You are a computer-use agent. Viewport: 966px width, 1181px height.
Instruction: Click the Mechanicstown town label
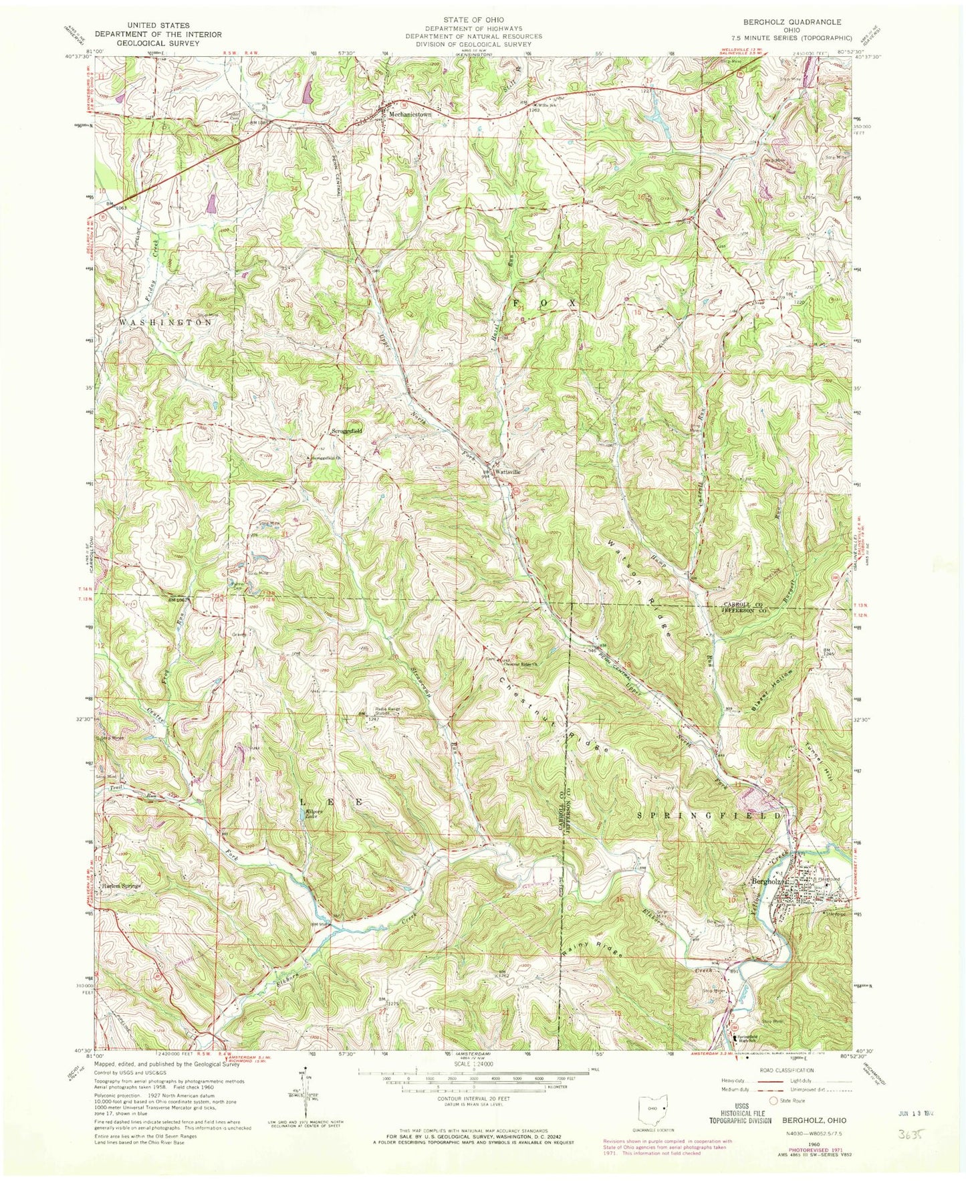click(x=410, y=114)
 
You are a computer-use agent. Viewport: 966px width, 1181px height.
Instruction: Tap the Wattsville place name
click(x=507, y=471)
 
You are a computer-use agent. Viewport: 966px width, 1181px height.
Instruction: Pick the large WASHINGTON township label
click(x=166, y=322)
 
